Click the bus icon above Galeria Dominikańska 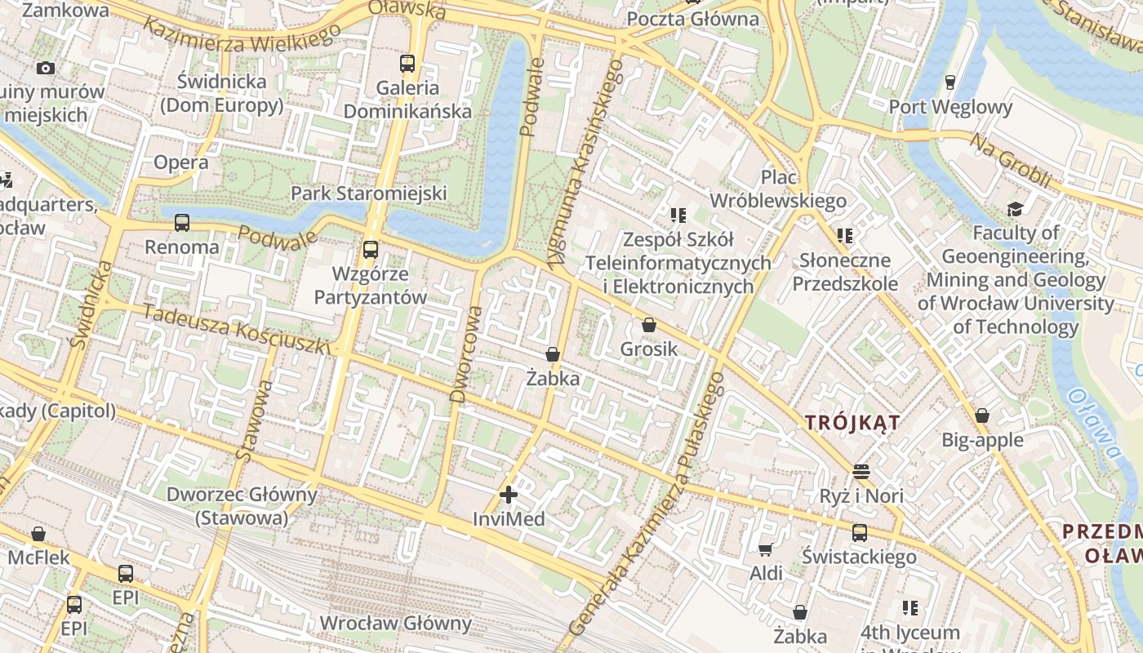pos(407,63)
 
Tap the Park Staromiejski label pos(369,193)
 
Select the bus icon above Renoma pos(181,222)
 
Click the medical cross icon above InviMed pos(509,495)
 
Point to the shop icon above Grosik pos(649,325)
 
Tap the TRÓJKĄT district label pos(852,423)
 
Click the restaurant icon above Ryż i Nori pos(861,471)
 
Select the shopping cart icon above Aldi pos(766,549)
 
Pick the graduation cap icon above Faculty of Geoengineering pos(1015,209)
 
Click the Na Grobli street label pos(1009,159)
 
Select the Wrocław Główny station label pos(395,624)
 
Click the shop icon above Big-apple pos(982,415)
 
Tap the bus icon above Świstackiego pos(859,533)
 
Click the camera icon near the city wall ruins pos(45,68)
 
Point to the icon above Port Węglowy pos(950,82)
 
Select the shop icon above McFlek pos(38,535)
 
